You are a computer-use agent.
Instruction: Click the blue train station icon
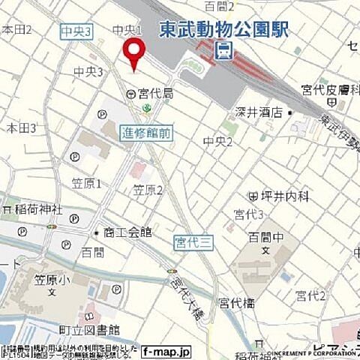(x=223, y=49)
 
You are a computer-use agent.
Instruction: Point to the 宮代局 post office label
(x=154, y=94)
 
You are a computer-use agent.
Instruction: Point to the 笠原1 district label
(x=86, y=184)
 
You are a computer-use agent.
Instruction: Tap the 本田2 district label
(x=16, y=29)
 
